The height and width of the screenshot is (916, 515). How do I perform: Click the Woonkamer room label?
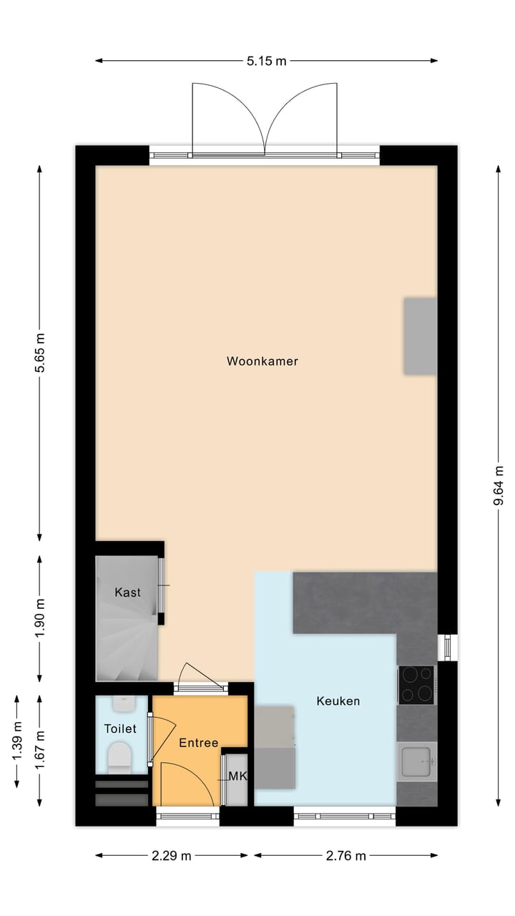click(262, 361)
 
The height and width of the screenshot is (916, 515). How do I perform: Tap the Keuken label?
click(338, 701)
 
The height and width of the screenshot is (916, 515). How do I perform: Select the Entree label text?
click(198, 743)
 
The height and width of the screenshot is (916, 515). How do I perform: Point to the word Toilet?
click(119, 729)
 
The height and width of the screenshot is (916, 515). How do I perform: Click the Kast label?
click(127, 593)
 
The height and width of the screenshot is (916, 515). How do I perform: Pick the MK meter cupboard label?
click(237, 776)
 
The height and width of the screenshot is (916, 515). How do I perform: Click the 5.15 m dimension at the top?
click(266, 62)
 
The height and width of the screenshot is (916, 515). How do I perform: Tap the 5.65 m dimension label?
click(40, 353)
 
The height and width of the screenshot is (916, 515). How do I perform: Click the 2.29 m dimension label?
click(172, 856)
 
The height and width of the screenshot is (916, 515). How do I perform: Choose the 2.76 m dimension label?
click(345, 856)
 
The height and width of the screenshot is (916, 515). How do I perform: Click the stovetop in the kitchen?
click(416, 684)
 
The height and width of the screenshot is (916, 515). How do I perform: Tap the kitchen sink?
click(417, 761)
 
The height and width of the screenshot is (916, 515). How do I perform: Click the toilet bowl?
click(119, 757)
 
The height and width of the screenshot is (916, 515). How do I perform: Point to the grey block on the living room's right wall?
click(420, 336)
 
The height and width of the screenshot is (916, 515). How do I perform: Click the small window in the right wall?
click(448, 647)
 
